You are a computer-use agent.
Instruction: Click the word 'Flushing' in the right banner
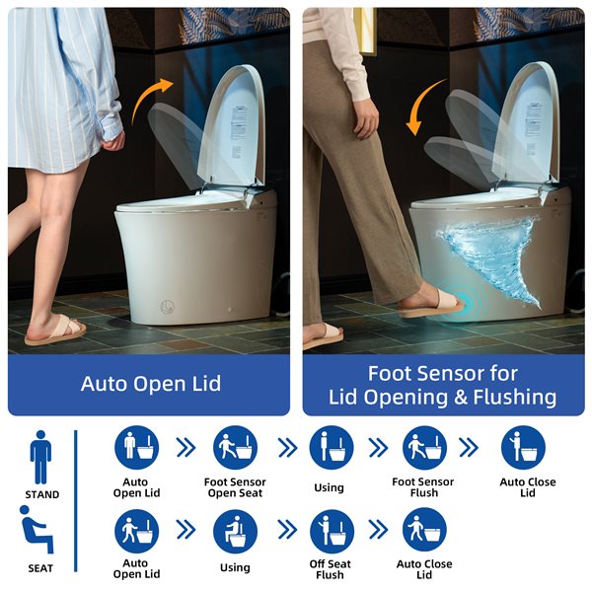502,397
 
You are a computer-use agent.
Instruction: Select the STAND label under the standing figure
40,494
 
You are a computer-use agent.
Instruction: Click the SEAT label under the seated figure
40,567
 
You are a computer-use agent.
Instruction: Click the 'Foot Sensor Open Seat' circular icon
235,448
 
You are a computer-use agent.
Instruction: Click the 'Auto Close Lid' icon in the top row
524,448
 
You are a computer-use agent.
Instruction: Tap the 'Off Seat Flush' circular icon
329,531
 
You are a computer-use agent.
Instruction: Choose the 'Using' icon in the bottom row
235,531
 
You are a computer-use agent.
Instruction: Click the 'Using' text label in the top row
329,487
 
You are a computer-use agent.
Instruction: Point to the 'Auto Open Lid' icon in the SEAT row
136,531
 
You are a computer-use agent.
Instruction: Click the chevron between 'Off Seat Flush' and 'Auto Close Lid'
377,531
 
